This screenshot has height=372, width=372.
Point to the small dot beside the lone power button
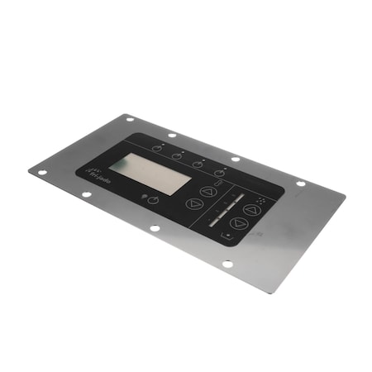pyautogui.click(x=144, y=196)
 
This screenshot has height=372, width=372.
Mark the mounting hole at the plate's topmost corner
pyautogui.click(x=130, y=119)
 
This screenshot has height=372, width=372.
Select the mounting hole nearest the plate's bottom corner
pyautogui.click(x=228, y=264)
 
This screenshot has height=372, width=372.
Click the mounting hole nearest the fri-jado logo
pyautogui.click(x=86, y=195)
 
